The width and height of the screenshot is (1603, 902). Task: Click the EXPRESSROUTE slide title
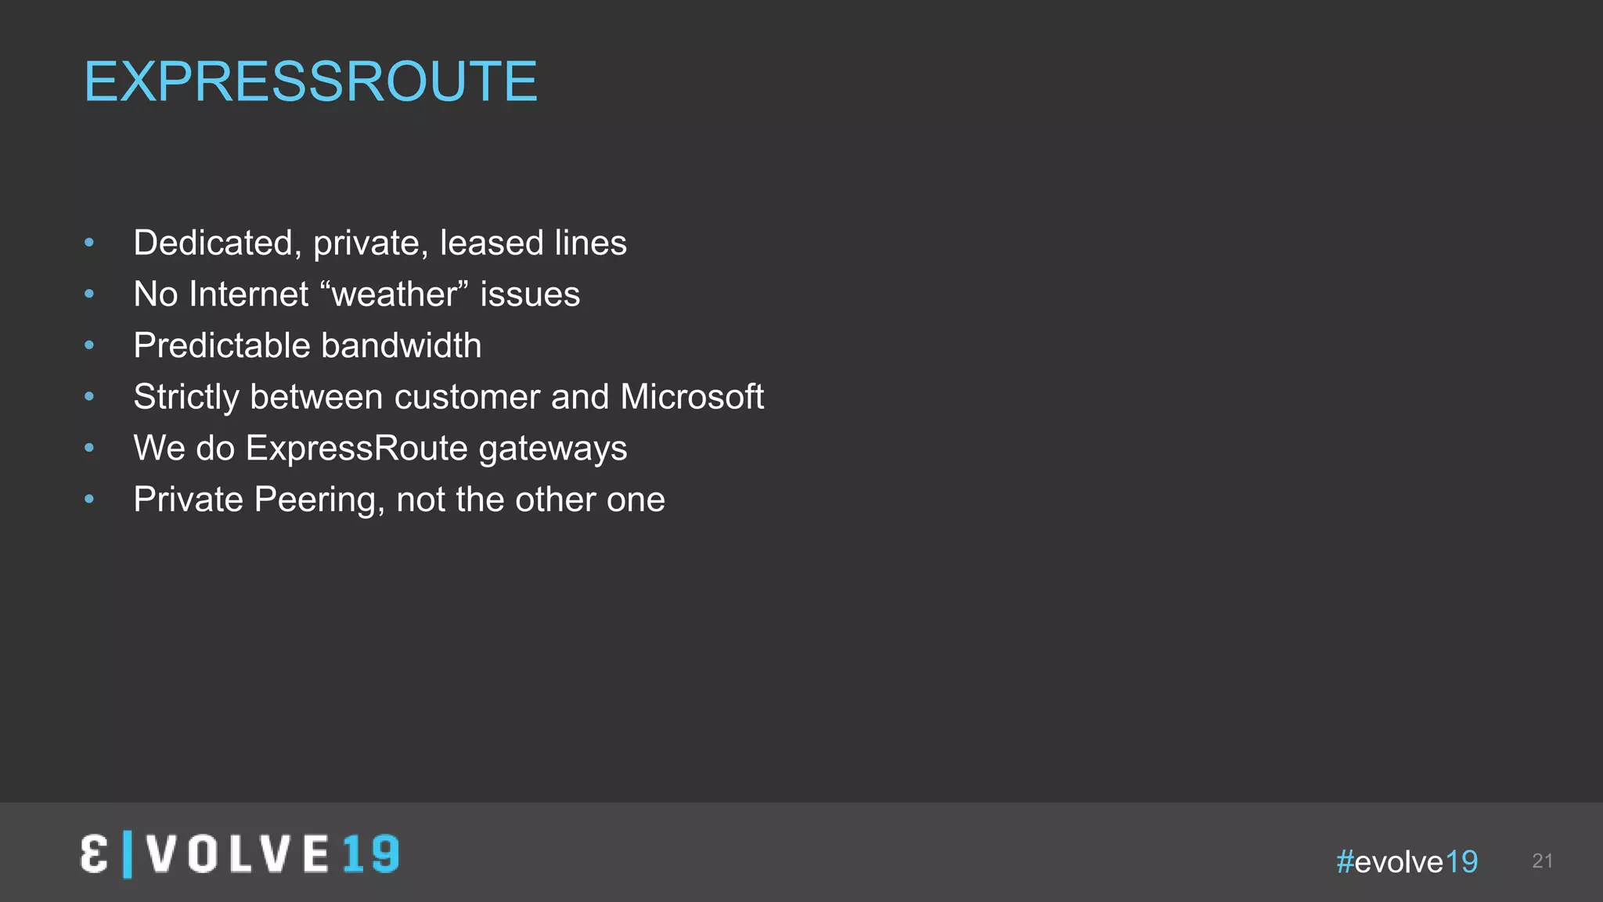click(x=311, y=81)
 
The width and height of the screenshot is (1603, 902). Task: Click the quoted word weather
click(x=394, y=294)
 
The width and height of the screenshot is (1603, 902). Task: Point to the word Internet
click(x=249, y=294)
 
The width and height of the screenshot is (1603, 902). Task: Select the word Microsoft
click(x=692, y=397)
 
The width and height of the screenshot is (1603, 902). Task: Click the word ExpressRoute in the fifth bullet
click(x=357, y=448)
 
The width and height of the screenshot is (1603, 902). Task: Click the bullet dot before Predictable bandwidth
click(x=89, y=345)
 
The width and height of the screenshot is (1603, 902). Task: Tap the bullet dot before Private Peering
click(x=89, y=499)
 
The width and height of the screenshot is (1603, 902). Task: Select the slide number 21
click(x=1542, y=861)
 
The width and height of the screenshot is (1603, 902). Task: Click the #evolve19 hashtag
click(x=1407, y=862)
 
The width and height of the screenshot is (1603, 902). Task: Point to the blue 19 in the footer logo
click(x=370, y=854)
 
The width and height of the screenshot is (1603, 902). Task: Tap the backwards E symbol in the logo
click(x=94, y=854)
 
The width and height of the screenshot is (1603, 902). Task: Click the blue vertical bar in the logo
click(x=128, y=854)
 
